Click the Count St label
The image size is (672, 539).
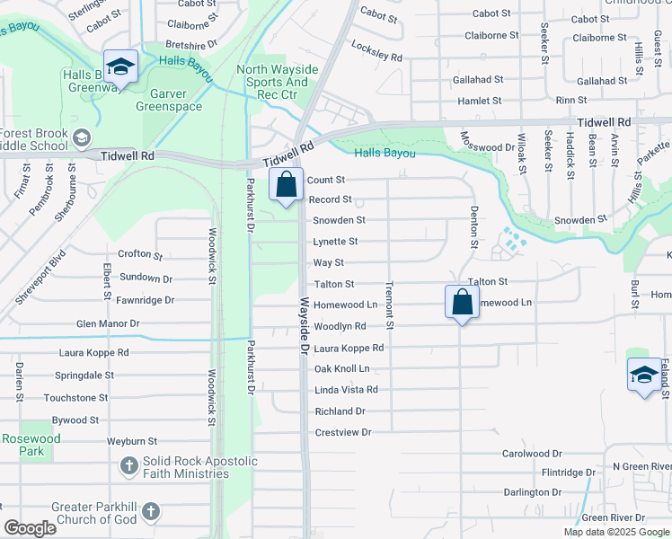tap(326, 181)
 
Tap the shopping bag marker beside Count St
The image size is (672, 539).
tap(287, 185)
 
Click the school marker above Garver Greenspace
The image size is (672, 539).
tap(119, 66)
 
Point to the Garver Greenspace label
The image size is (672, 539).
tap(169, 100)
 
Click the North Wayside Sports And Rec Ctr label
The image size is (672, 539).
tap(277, 82)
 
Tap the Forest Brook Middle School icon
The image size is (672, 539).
tap(82, 137)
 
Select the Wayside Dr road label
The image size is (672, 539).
tap(305, 325)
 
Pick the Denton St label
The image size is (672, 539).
tap(473, 226)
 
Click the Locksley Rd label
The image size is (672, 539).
tap(376, 50)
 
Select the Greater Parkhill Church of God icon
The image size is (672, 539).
tap(151, 512)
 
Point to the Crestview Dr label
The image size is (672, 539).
tap(343, 433)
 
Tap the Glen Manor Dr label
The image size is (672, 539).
tap(108, 323)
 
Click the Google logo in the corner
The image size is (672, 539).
tap(30, 528)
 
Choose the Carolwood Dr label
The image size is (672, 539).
tap(532, 454)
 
